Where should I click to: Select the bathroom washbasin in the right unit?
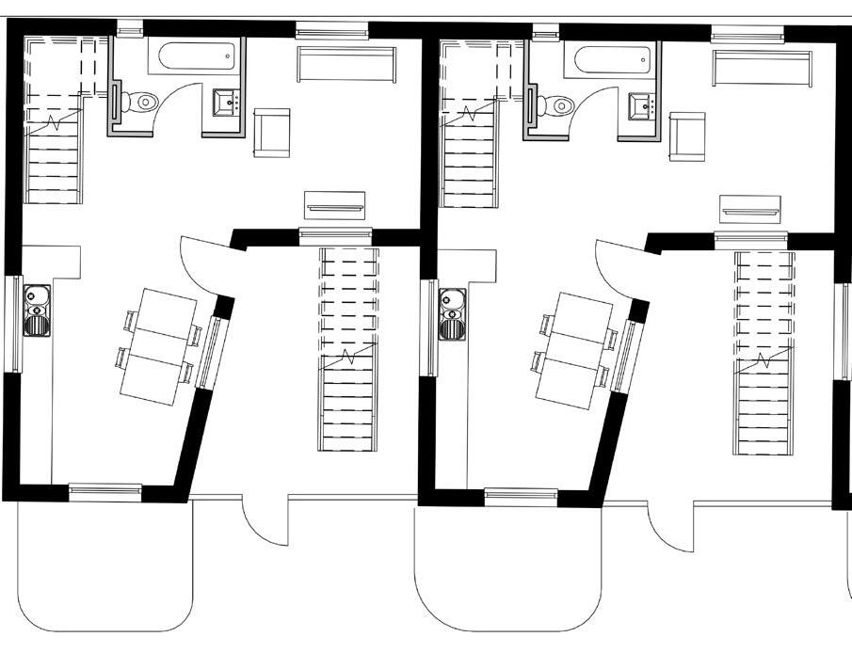(644, 104)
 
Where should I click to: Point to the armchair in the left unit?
(271, 132)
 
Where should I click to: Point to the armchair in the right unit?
(686, 135)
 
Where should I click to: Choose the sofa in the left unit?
(344, 65)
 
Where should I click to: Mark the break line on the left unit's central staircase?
(347, 358)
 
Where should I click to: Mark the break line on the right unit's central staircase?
(764, 361)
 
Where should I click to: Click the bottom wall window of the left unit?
(105, 491)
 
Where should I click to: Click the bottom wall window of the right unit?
(521, 496)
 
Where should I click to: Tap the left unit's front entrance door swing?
(264, 522)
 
